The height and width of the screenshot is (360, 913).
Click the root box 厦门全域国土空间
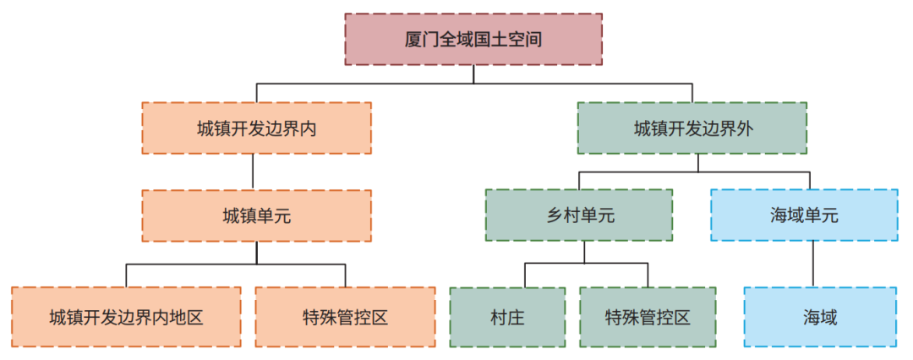point(473,39)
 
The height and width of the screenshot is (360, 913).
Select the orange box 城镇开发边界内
point(256,128)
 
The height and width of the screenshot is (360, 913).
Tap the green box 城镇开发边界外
point(692,128)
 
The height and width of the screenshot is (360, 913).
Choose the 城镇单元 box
point(256,215)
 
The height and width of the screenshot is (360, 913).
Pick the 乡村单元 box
point(579,215)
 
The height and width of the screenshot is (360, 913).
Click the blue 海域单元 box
point(804,215)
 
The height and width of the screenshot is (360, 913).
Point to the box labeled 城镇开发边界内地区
point(126,317)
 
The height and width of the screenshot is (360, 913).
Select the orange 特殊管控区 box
point(345,317)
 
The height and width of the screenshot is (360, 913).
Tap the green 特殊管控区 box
point(648,317)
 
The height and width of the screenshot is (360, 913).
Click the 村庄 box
point(507,317)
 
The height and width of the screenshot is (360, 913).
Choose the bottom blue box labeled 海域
point(820,317)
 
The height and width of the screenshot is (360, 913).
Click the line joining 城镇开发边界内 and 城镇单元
point(254,172)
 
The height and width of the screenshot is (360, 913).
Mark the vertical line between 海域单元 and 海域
point(813,264)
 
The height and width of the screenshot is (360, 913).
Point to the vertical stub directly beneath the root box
point(473,74)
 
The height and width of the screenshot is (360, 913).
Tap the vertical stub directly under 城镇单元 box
point(256,253)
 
